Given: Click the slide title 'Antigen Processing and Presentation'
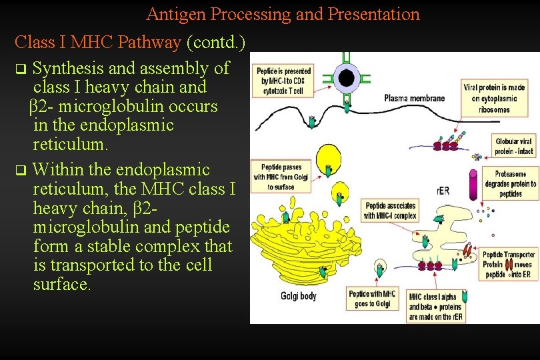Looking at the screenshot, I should pos(283,14).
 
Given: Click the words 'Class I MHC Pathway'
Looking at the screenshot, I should pos(97,43).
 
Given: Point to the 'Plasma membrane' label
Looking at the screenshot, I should pos(414,99).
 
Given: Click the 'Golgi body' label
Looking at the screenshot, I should pos(298,296).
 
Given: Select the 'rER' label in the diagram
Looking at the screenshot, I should pos(443,191).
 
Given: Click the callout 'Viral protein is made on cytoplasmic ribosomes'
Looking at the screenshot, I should pos(494,99).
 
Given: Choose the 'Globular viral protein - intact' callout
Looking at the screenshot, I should pos(514,146).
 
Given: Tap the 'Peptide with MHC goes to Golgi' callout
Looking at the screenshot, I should pos(372,299).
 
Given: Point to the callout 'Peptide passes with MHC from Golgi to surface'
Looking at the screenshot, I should pos(281,177).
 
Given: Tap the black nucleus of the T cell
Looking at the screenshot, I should pos(346,79).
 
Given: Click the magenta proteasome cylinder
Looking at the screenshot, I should pos(473,184).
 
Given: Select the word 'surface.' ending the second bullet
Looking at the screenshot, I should pos(61,285).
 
